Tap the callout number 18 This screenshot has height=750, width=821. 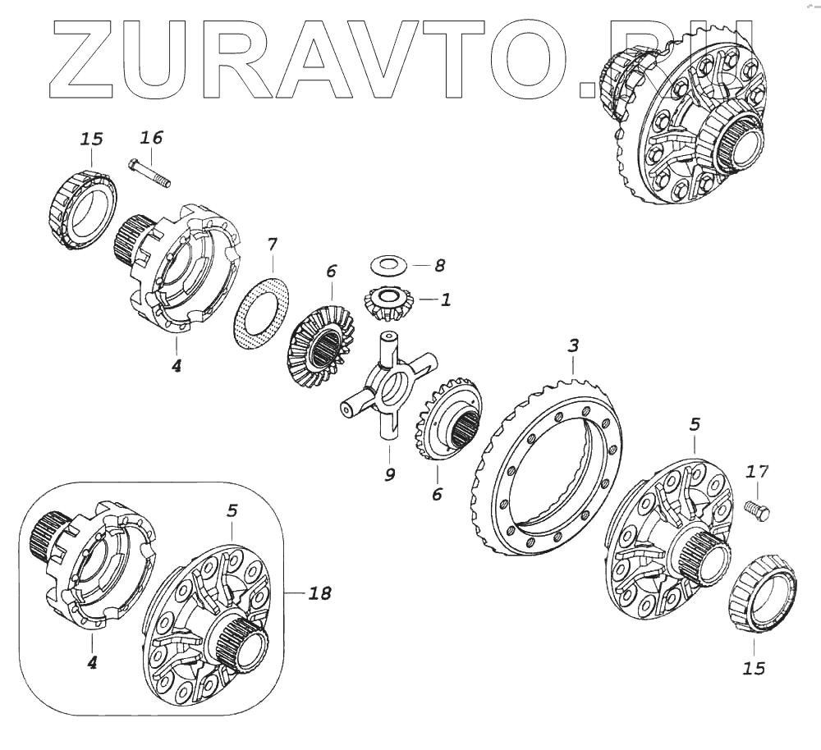coord(319,592)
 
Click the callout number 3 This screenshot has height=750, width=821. coord(573,345)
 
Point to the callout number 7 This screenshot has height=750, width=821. coord(273,244)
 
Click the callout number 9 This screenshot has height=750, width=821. coord(390,474)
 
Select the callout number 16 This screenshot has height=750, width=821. coord(151,136)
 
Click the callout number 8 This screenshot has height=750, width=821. coord(440,265)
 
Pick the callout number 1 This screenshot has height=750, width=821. coord(446,300)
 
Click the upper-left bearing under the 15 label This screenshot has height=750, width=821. coord(81,209)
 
